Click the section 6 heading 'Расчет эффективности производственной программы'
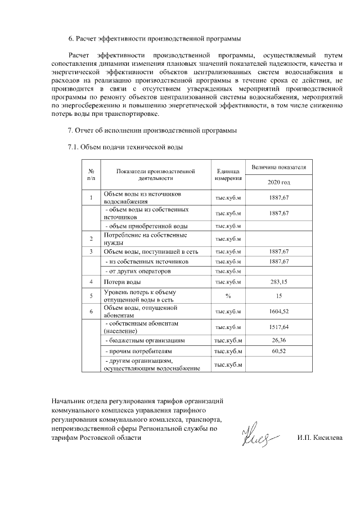pos(155,39)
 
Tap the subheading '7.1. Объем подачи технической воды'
pos(125,147)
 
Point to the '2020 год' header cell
pos(279,182)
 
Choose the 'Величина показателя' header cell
pos(279,167)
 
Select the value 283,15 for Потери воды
pos(279,282)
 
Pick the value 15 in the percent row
pos(279,295)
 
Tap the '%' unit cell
pos(228,295)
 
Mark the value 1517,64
pos(279,327)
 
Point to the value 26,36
pos(279,340)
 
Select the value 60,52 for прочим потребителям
pos(279,351)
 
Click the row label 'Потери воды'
pos(123,282)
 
